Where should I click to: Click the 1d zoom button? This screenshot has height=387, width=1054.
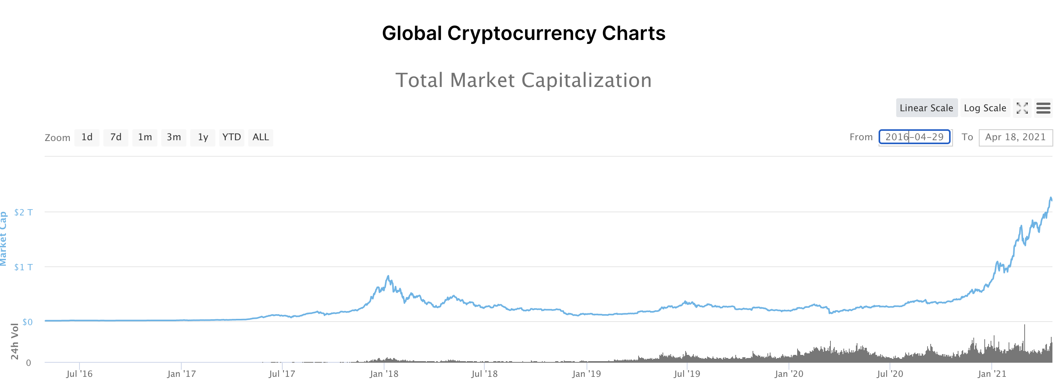pyautogui.click(x=87, y=137)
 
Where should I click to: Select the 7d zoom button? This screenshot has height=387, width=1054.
pyautogui.click(x=116, y=137)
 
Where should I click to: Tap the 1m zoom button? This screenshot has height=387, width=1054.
pyautogui.click(x=145, y=137)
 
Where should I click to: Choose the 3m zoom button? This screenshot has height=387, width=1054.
pyautogui.click(x=174, y=137)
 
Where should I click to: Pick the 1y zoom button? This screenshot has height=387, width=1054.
pyautogui.click(x=203, y=137)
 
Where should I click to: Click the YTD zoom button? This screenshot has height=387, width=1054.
pyautogui.click(x=231, y=137)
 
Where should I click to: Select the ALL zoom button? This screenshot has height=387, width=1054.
pyautogui.click(x=261, y=137)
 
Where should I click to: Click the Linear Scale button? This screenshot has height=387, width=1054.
pyautogui.click(x=926, y=108)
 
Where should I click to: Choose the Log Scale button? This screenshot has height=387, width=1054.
pyautogui.click(x=985, y=108)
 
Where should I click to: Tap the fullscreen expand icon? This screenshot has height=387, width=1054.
pyautogui.click(x=1022, y=108)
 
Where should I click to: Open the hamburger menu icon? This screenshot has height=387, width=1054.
pyautogui.click(x=1043, y=108)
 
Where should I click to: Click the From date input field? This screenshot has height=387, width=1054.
pyautogui.click(x=915, y=137)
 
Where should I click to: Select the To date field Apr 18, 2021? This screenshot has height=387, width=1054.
pyautogui.click(x=1015, y=137)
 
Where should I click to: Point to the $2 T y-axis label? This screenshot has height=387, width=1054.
pyautogui.click(x=23, y=212)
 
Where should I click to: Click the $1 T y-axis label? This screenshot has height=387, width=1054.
pyautogui.click(x=23, y=267)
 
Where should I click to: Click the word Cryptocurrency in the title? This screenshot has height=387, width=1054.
pyautogui.click(x=522, y=33)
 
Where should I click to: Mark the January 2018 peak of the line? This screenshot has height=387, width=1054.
pyautogui.click(x=388, y=276)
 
